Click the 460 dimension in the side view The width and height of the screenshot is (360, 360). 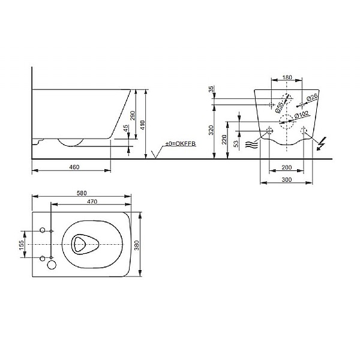71,166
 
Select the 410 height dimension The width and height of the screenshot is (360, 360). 143,124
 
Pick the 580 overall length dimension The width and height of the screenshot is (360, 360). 82,193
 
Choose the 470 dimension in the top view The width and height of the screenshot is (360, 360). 91,202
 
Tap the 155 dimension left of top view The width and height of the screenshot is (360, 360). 21,245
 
